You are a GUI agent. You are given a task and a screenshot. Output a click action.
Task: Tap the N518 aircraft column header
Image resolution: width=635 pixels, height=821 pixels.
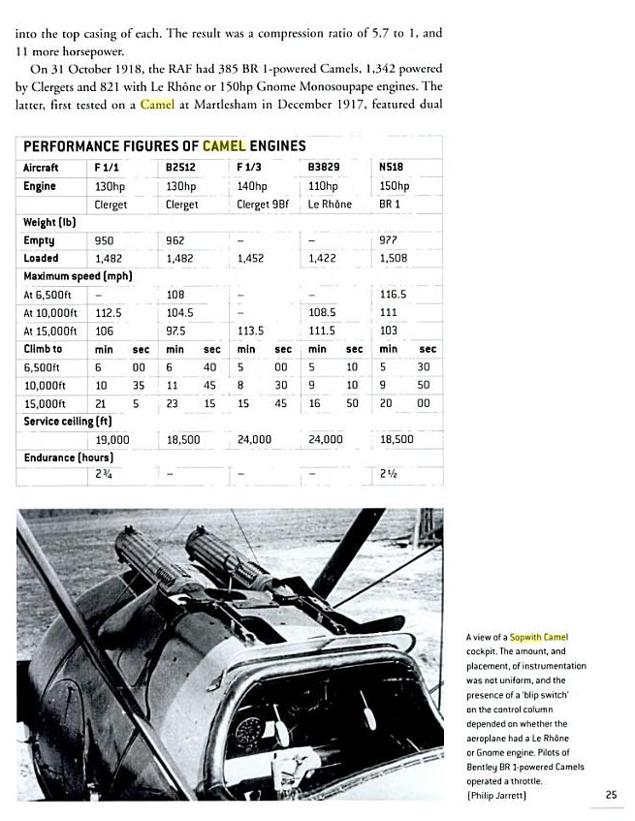[391, 167]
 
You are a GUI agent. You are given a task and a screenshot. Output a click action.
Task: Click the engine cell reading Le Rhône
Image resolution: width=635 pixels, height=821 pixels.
[330, 205]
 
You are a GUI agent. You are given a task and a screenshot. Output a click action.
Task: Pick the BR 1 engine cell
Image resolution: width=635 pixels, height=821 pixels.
[390, 205]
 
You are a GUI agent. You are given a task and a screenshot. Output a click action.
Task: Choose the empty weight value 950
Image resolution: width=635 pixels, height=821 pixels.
[105, 240]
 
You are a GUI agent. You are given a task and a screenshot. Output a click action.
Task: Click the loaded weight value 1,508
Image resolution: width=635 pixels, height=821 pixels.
[395, 259]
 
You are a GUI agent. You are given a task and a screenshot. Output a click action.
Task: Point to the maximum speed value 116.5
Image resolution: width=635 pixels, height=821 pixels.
[394, 294]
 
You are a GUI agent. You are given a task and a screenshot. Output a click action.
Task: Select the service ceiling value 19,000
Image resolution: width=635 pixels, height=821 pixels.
[112, 439]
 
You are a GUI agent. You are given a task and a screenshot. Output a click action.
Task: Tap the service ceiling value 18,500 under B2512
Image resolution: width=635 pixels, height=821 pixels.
[183, 439]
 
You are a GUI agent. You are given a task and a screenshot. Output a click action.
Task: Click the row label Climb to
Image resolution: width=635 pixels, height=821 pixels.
[44, 349]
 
